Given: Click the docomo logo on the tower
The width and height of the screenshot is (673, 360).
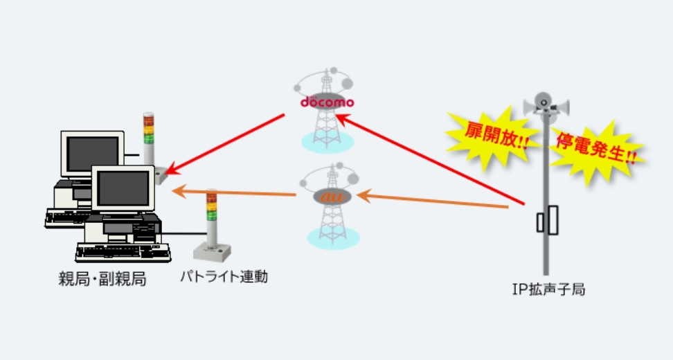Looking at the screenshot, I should tap(327, 102).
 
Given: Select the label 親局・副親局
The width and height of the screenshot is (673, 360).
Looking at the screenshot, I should tap(102, 280).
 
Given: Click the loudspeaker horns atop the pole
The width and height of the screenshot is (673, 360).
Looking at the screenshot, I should tap(546, 106).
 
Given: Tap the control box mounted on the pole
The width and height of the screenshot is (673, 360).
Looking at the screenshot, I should tap(551, 220).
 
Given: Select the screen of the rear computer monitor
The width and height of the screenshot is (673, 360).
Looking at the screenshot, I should tap(91, 152).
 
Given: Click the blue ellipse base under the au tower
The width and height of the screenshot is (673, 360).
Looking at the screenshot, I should tap(333, 236).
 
